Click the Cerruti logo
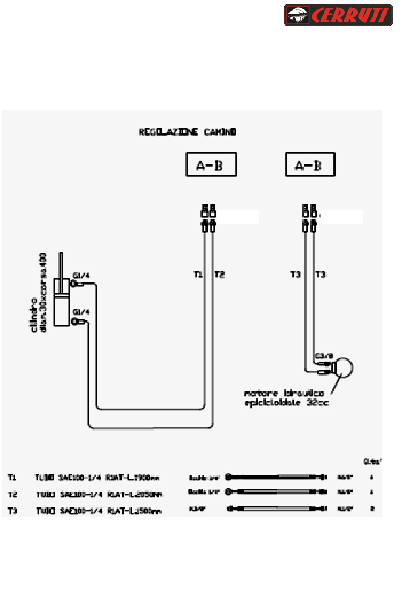[x=338, y=15]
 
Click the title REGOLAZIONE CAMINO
[x=187, y=132]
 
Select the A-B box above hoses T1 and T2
[x=211, y=164]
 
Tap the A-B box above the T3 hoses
[x=310, y=164]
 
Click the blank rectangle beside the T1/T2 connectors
[x=238, y=217]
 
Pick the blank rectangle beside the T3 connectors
[x=342, y=217]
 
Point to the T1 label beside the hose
[x=198, y=275]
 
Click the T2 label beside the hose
[x=219, y=275]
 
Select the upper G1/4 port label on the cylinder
[x=81, y=276]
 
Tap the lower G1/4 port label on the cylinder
[x=81, y=312]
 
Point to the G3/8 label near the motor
[x=324, y=356]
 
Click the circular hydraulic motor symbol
[x=344, y=368]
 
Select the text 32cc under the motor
[x=318, y=402]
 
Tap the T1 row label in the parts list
[x=12, y=477]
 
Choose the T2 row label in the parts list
[x=13, y=494]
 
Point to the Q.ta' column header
[x=373, y=461]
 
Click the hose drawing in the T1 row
[x=276, y=477]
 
